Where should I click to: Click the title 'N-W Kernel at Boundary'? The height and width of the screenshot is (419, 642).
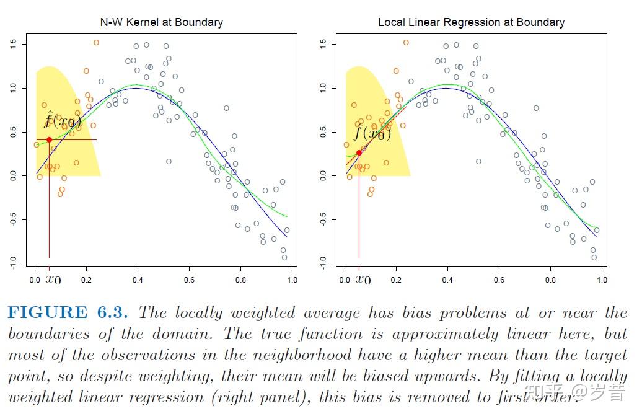coord(161,22)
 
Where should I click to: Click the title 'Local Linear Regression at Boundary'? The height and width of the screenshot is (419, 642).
coord(471,22)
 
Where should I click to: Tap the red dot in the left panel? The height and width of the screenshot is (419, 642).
coord(49,139)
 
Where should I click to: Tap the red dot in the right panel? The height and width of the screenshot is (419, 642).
coord(359,152)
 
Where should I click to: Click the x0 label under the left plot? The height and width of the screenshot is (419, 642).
coord(53,280)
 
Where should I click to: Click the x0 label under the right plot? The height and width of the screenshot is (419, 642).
coord(363,280)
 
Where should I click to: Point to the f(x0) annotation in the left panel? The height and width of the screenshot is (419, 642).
coord(62,121)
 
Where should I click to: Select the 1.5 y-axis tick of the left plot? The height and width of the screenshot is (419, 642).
coord(13,44)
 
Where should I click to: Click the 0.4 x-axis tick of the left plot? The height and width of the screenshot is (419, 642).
coord(138,280)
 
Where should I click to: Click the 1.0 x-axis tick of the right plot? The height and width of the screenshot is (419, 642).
coord(602,280)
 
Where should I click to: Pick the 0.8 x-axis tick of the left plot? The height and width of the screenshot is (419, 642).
coord(240,280)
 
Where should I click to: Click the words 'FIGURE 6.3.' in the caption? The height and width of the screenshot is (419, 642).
coord(68,312)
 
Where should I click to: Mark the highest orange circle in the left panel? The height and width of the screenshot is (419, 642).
coord(96,43)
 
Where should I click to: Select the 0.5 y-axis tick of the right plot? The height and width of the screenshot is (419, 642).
coord(323,133)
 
